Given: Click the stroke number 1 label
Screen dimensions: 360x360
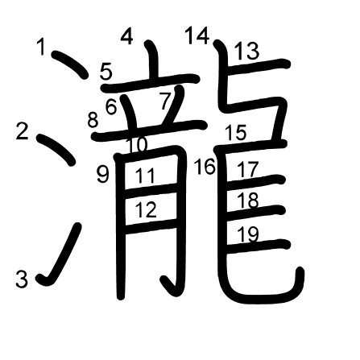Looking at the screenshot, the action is click(x=41, y=47).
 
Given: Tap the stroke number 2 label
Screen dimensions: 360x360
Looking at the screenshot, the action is click(x=22, y=131).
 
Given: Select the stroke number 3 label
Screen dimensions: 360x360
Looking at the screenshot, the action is click(x=22, y=279).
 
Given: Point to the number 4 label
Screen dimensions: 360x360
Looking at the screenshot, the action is click(x=127, y=36).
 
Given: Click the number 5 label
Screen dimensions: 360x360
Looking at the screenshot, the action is click(x=106, y=72).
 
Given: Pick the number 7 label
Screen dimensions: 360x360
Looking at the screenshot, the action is click(x=165, y=101).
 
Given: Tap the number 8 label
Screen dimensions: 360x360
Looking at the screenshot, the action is click(x=93, y=120).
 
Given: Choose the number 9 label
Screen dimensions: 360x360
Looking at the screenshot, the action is click(x=103, y=175).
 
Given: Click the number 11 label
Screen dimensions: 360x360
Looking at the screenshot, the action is click(x=145, y=176).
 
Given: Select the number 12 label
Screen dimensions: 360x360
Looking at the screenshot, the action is click(x=146, y=209).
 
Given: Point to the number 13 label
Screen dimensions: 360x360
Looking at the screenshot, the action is click(x=247, y=51).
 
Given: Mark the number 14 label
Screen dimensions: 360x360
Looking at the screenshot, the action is click(x=197, y=35).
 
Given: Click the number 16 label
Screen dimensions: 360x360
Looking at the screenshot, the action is click(x=205, y=167).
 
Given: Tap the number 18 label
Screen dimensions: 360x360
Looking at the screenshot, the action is click(x=248, y=201).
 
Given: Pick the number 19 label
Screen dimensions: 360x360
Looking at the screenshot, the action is click(x=248, y=234).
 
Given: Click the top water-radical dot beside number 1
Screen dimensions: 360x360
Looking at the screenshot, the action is click(x=70, y=64).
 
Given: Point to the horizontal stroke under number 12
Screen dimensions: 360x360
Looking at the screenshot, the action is click(x=151, y=226).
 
